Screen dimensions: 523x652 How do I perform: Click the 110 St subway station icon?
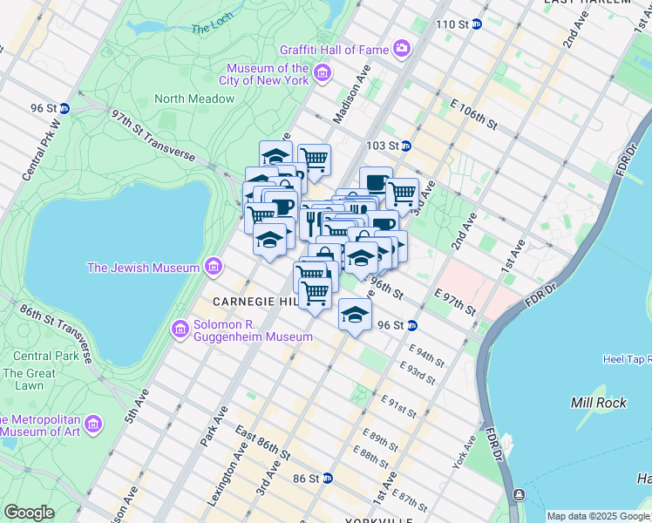click(x=477, y=24)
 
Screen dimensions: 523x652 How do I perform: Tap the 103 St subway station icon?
click(x=406, y=146)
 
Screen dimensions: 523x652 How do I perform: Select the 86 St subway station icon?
click(x=327, y=479)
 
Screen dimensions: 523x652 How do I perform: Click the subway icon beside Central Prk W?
click(x=65, y=108)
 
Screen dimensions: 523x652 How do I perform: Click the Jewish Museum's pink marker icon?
click(x=212, y=267)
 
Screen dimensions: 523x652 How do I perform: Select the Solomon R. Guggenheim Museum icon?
click(x=180, y=329)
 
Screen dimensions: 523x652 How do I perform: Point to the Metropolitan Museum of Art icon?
click(x=93, y=424)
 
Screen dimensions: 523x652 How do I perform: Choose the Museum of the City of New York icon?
click(x=322, y=72)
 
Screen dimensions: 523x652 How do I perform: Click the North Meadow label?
click(x=194, y=98)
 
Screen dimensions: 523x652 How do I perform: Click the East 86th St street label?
click(x=262, y=445)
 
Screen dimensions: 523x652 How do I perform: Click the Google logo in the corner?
click(x=30, y=512)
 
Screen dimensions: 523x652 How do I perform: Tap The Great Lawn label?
click(x=24, y=379)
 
